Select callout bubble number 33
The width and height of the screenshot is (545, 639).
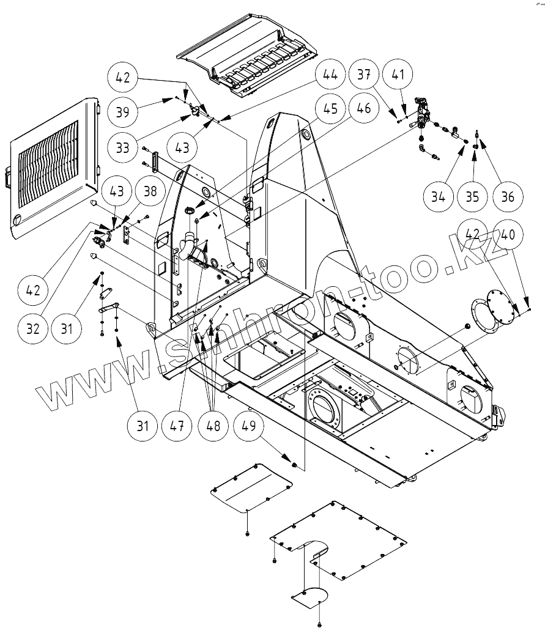(x=124, y=147)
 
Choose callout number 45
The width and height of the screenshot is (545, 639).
(x=329, y=109)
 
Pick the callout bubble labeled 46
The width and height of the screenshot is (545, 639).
(x=364, y=109)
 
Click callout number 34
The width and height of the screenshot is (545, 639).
(x=437, y=196)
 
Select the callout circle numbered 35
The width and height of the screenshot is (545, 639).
(x=472, y=196)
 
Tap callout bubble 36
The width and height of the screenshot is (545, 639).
(x=506, y=196)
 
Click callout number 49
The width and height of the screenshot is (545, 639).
(x=247, y=426)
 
